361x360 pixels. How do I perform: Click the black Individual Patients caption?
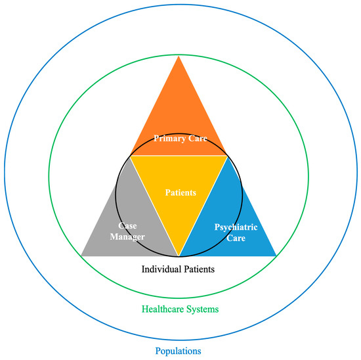179,269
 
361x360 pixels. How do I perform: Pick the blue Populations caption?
179,351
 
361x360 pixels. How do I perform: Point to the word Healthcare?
161,308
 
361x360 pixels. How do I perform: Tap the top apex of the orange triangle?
179,57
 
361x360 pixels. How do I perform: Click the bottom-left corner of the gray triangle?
81,255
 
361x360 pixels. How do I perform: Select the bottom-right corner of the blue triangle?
276,255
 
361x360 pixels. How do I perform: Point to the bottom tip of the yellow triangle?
179,255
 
